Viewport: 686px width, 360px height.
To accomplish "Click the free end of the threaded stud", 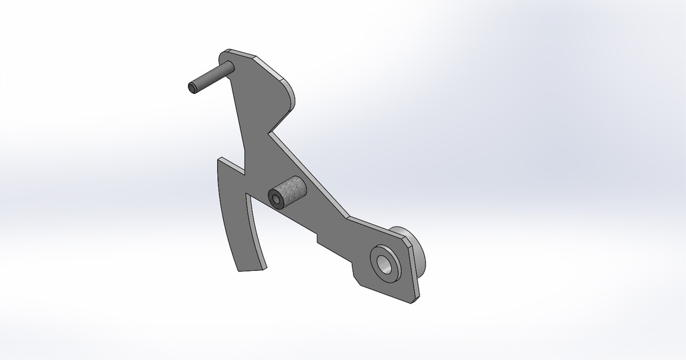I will pyautogui.click(x=192, y=88).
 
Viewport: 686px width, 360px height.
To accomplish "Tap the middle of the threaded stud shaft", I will pyautogui.click(x=210, y=77).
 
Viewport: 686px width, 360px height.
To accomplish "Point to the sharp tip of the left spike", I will pyautogui.click(x=218, y=160).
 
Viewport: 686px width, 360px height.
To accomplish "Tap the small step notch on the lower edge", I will pyautogui.click(x=316, y=237).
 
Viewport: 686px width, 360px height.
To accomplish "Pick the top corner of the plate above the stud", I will pyautogui.click(x=229, y=50).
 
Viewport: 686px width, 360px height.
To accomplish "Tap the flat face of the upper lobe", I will pyautogui.click(x=258, y=94).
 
